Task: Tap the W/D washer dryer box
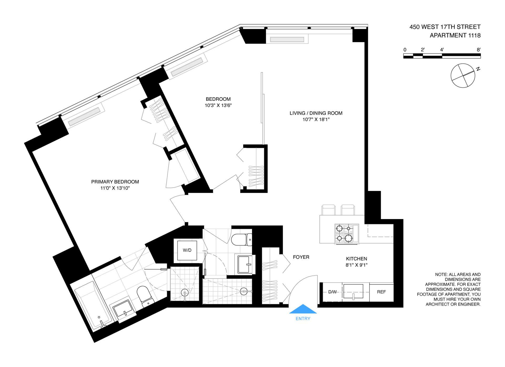pos(187,250)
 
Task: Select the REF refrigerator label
pos(381,292)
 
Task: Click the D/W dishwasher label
pos(332,292)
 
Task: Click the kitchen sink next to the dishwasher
pos(353,292)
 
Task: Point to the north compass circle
pos(463,76)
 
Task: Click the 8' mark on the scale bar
pos(478,50)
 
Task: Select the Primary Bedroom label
pos(115,182)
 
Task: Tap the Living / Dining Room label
pos(316,113)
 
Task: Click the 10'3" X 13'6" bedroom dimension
pos(218,106)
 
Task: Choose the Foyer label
pos(301,257)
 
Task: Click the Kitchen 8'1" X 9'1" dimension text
pos(356,265)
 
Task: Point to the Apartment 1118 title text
pos(455,35)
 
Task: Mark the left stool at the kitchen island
pos(328,210)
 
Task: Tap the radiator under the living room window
pos(287,40)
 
